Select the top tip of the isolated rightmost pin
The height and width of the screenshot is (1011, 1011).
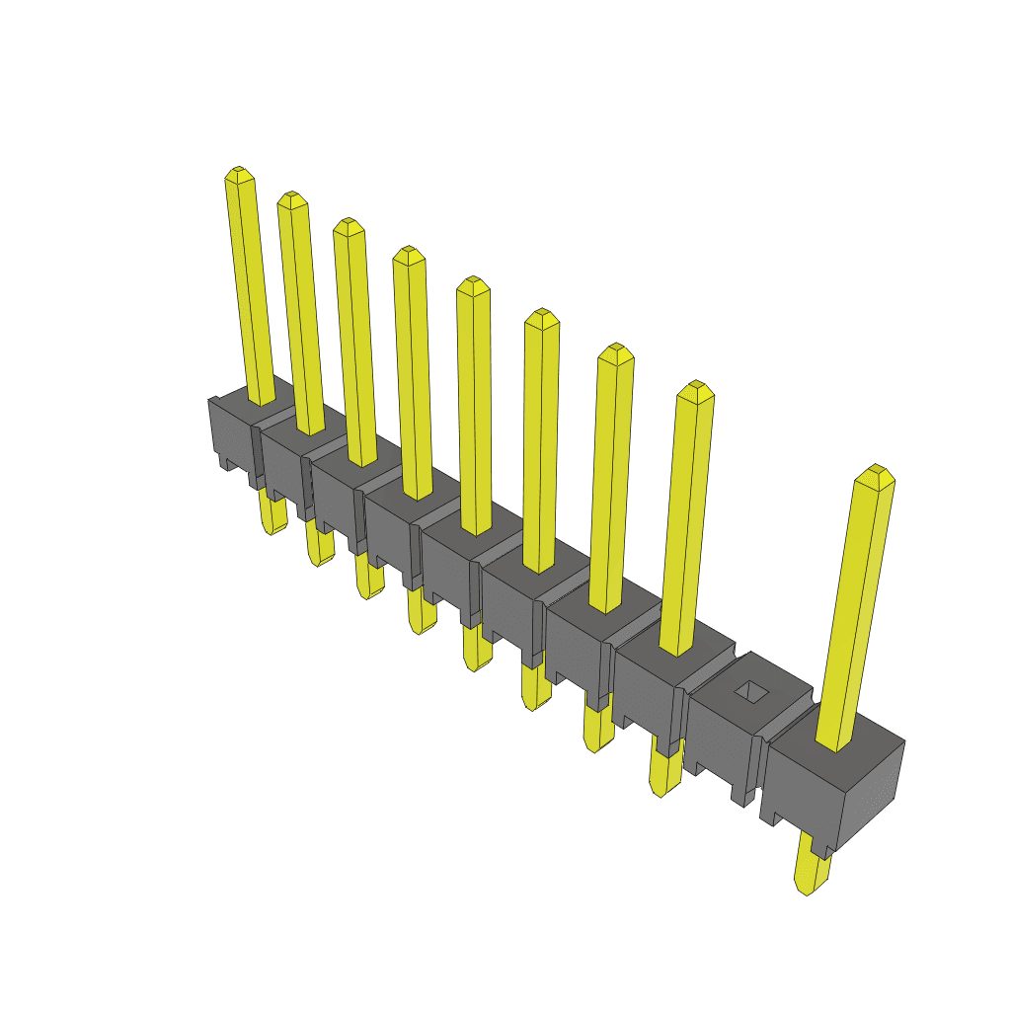[x=874, y=475]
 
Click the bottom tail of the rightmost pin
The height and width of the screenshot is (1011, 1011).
[x=812, y=876]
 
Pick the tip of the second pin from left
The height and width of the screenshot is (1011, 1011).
[x=291, y=199]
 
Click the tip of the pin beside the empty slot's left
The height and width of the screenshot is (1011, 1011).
[x=696, y=389]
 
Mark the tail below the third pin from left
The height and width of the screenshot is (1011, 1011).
[x=368, y=578]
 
